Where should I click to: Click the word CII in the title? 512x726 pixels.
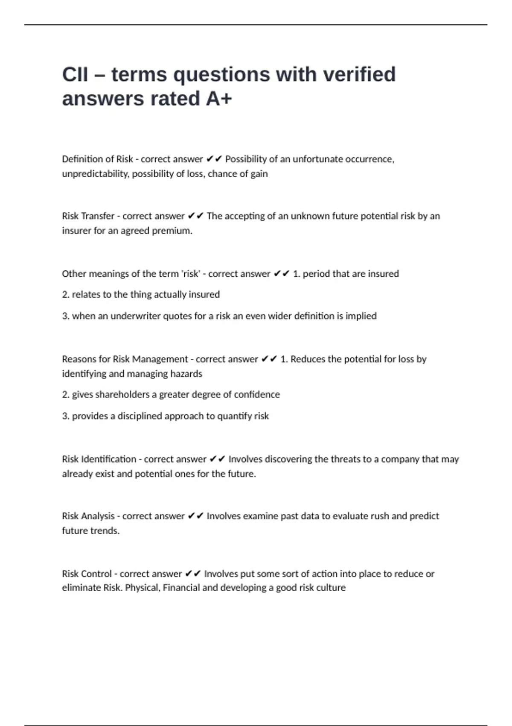click(x=75, y=74)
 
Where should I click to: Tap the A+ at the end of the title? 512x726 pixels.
click(x=219, y=99)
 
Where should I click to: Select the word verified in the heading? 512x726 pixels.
click(x=359, y=74)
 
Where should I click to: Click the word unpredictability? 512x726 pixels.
click(x=95, y=174)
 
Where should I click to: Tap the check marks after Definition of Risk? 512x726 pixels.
click(x=214, y=159)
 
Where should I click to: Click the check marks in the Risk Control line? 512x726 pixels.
click(x=193, y=574)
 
